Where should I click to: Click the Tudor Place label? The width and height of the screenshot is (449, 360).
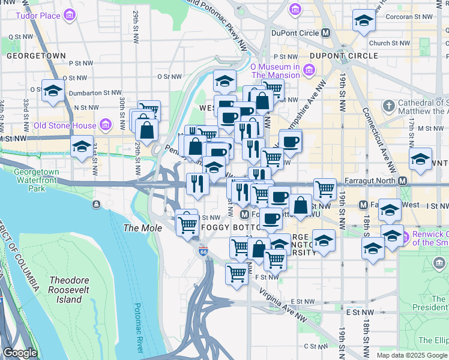coord(37,14)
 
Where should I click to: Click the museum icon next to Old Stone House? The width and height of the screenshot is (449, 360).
coord(106,125)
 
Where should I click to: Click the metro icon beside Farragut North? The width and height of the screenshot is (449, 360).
coord(403,181)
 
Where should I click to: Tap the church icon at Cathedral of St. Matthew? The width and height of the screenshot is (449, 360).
coord(389,106)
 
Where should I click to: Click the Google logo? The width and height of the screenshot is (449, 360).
coord(20,353)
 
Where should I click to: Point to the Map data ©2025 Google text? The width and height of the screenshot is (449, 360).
coord(412,355)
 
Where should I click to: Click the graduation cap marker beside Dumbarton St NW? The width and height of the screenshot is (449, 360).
coord(53,91)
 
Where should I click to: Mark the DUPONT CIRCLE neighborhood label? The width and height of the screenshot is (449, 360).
coord(344,56)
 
